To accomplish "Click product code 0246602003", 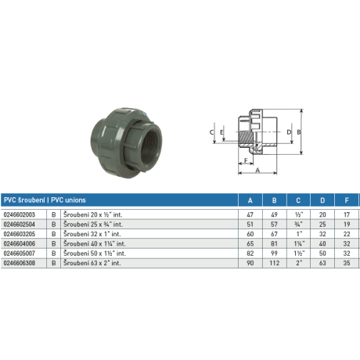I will point(20,213).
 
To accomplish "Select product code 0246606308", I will point(20,264).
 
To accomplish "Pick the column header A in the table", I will point(250,199).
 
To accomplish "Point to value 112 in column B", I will point(274,264).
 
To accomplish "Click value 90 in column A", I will point(250,264).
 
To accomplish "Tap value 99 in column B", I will point(274,254).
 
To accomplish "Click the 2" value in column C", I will point(298,264).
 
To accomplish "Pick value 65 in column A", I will point(250,243).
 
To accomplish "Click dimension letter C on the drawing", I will point(212,132).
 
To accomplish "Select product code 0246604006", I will point(20,243).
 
